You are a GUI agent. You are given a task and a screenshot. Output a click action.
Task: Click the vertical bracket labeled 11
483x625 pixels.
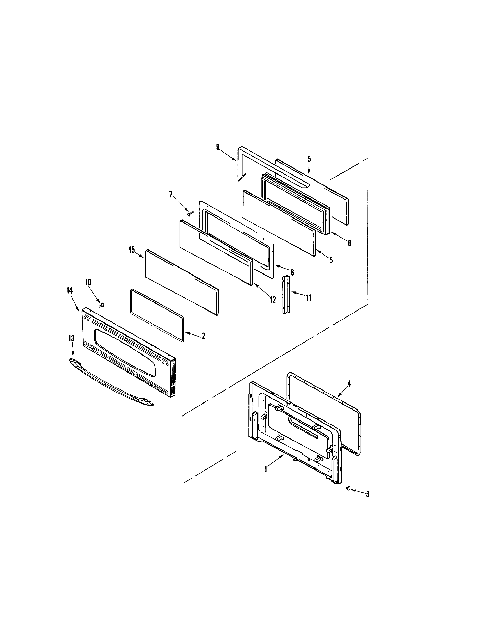287,295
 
